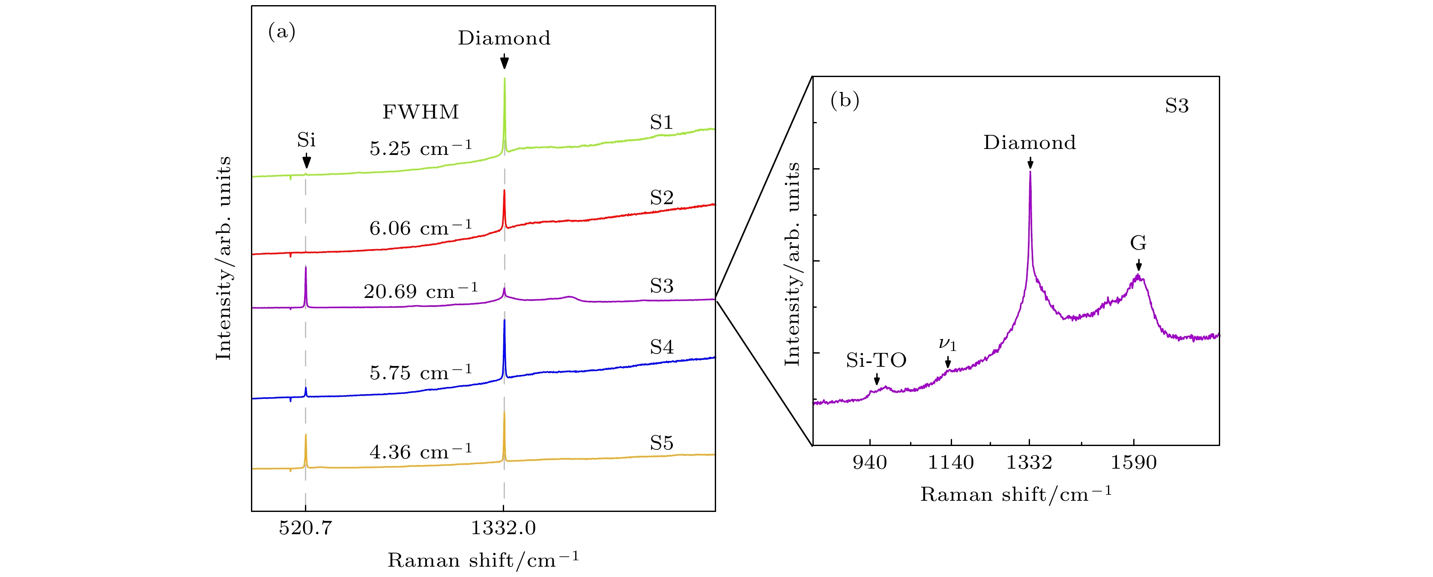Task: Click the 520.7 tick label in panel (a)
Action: pyautogui.click(x=305, y=527)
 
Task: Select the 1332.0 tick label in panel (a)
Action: pyautogui.click(x=504, y=527)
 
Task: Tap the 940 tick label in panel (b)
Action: pyautogui.click(x=869, y=462)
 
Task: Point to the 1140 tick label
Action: pyautogui.click(x=951, y=462)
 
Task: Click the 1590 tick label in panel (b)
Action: pyautogui.click(x=1134, y=462)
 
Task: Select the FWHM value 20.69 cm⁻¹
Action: pyautogui.click(x=421, y=291)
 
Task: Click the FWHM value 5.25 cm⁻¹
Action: pyautogui.click(x=421, y=148)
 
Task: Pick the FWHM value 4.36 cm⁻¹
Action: pyautogui.click(x=421, y=452)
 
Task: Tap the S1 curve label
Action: pyautogui.click(x=661, y=122)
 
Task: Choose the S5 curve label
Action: pyautogui.click(x=661, y=443)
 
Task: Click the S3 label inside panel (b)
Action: pyautogui.click(x=1176, y=106)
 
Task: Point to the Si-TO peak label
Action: pyautogui.click(x=876, y=360)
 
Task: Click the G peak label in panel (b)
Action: pyautogui.click(x=1138, y=243)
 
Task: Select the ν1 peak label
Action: pyautogui.click(x=947, y=344)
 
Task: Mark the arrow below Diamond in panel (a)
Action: pyautogui.click(x=504, y=61)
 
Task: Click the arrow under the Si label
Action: pyautogui.click(x=306, y=161)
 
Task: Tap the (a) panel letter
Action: pyautogui.click(x=281, y=32)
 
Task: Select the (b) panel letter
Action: pyautogui.click(x=845, y=100)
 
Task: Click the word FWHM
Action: pyautogui.click(x=421, y=112)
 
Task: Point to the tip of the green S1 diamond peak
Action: pyautogui.click(x=504, y=78)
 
